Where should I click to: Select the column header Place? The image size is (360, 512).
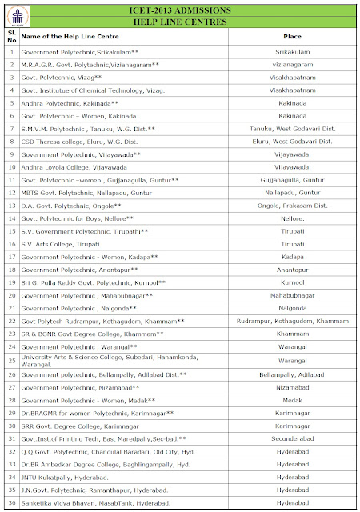click(x=292, y=37)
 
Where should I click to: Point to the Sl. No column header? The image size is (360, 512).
click(x=10, y=37)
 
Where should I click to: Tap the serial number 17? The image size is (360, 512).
click(x=11, y=256)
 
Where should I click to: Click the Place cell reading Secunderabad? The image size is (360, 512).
click(x=292, y=438)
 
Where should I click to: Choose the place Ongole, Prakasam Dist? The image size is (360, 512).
click(x=292, y=205)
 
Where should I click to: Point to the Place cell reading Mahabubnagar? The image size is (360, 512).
click(x=292, y=294)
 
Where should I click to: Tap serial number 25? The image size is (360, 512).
click(x=11, y=360)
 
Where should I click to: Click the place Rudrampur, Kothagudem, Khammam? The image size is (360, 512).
click(x=292, y=320)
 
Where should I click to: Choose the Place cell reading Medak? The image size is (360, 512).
click(x=292, y=400)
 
